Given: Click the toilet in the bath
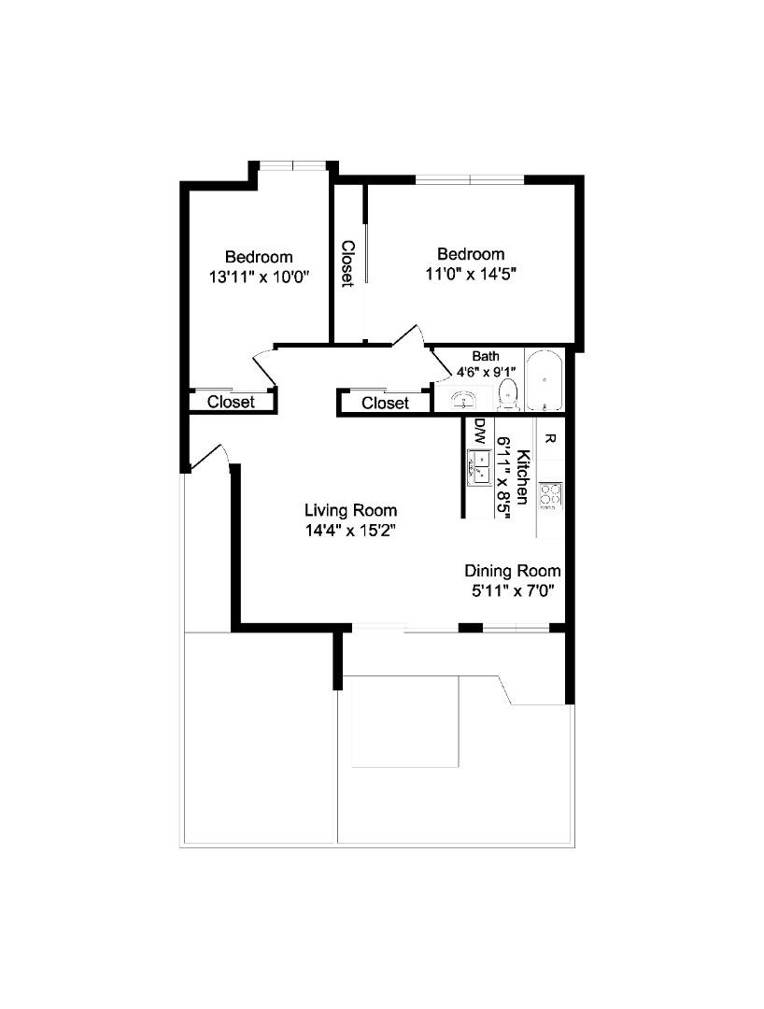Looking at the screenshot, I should (x=508, y=392).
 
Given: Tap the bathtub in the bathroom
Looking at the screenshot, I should (x=544, y=380).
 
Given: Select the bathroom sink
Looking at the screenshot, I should (x=464, y=400).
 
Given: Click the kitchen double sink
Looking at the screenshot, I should (x=479, y=465).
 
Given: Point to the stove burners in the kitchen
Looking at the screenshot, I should (x=550, y=494).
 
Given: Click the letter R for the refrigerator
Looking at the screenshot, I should (x=550, y=438).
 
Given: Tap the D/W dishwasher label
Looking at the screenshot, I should (x=480, y=432).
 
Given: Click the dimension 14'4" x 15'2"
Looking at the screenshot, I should (x=350, y=531).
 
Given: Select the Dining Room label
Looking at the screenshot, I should (x=513, y=571).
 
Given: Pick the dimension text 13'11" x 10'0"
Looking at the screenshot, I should (x=259, y=277).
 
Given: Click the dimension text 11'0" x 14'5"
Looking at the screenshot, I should (x=472, y=274).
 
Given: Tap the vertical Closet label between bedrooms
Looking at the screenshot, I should (x=347, y=263).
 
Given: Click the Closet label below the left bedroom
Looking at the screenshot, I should (x=231, y=403).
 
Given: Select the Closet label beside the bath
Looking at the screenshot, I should (x=385, y=403).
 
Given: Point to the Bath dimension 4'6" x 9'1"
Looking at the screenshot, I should (x=486, y=371).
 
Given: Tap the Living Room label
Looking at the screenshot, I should (x=350, y=510).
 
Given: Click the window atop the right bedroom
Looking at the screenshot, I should (x=470, y=178).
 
